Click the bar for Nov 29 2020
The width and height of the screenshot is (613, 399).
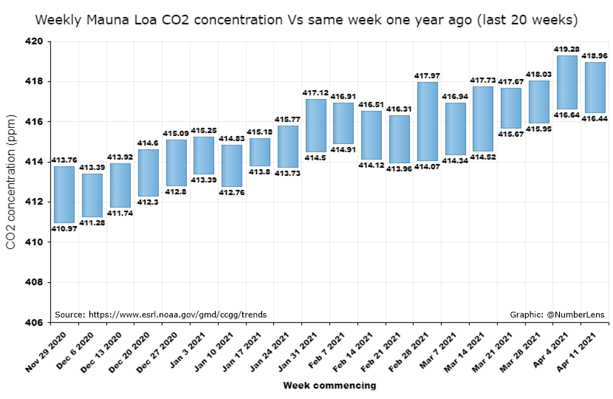click(x=64, y=194)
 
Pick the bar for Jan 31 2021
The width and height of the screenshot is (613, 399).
click(x=315, y=125)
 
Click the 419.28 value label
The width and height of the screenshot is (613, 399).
click(x=566, y=50)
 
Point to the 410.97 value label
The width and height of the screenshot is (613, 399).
click(x=64, y=228)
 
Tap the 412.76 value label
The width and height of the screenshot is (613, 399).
click(x=232, y=192)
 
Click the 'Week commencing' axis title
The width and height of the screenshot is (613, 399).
click(x=329, y=385)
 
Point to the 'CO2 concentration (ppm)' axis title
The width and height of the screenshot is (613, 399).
click(x=11, y=181)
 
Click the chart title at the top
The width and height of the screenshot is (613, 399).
click(x=306, y=18)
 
